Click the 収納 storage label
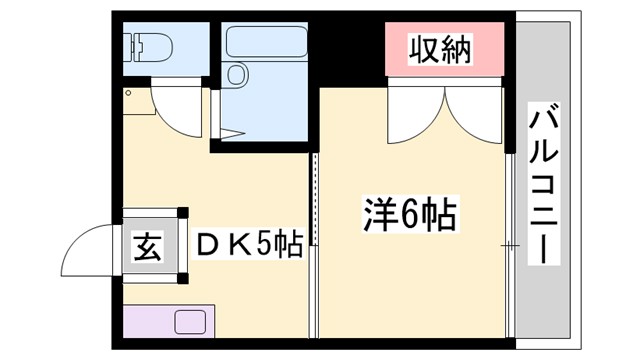440,47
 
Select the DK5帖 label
250,244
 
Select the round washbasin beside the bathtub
237,75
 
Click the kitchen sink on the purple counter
189,322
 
